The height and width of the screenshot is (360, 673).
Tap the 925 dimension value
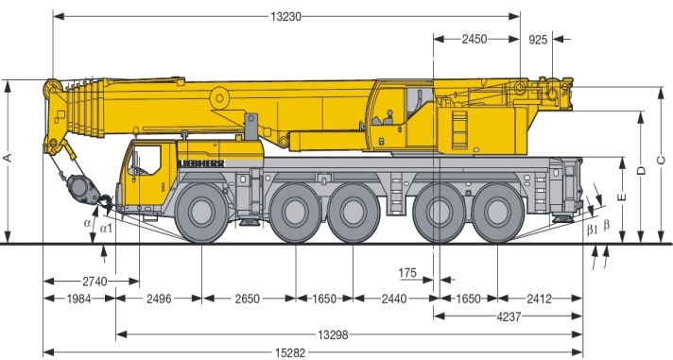point(538,39)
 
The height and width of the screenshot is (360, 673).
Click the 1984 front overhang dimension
point(79,299)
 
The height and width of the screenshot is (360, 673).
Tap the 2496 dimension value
point(160,299)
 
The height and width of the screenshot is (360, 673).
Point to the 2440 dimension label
point(394,299)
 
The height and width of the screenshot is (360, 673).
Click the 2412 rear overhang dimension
point(540,299)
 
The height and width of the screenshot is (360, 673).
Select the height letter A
point(9,159)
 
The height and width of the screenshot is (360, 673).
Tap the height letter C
point(661,158)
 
